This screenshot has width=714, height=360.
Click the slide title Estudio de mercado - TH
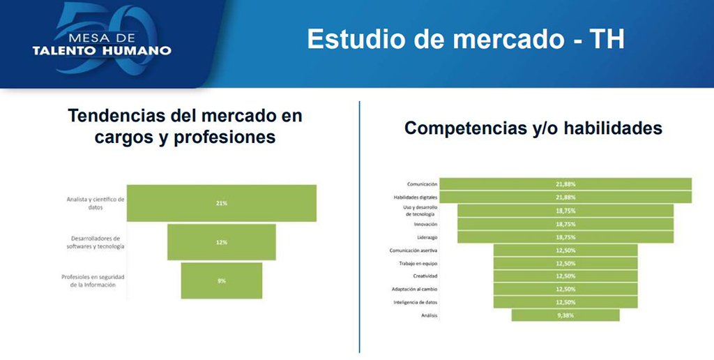[465, 39]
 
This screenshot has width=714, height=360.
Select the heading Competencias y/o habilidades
[533, 128]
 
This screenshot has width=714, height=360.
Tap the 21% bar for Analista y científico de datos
[221, 203]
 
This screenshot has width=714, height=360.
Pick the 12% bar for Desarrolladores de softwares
[221, 242]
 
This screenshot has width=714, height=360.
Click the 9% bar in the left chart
[221, 280]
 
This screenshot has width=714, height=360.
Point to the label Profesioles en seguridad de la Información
[93, 280]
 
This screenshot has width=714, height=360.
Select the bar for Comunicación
[565, 184]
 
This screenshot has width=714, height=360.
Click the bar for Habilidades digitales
[565, 197]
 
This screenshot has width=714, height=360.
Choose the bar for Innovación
[565, 224]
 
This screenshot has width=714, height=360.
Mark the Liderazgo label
[426, 237]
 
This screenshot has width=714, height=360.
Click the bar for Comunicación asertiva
[565, 250]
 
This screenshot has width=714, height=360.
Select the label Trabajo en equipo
[418, 264]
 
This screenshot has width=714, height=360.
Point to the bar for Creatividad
[565, 276]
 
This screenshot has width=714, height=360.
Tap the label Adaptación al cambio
[415, 290]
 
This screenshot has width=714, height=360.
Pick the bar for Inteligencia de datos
[565, 302]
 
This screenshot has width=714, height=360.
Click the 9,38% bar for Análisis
[565, 315]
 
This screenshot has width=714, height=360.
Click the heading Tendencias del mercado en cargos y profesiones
[185, 126]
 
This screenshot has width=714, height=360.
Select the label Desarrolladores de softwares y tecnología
[95, 242]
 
